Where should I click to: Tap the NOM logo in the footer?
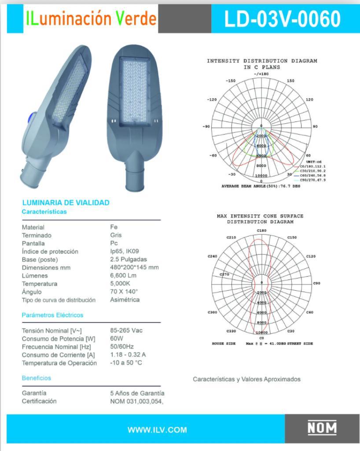coord(322,428)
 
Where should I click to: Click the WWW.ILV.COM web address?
coord(157,430)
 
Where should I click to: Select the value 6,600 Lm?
coord(123,276)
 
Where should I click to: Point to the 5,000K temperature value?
coord(120,284)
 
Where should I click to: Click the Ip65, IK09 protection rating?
coord(125,251)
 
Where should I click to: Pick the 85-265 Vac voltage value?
coord(126,330)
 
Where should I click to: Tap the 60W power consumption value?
coord(117,339)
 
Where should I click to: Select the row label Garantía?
coord(34,393)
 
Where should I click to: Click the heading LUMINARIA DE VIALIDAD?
coord(66,203)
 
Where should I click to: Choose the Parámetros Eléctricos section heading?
coord(52,315)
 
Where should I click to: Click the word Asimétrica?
coord(125,300)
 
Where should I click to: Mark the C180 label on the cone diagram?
coord(261,231)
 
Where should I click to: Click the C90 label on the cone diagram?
coord(316,283)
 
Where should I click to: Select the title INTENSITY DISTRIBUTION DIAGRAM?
coord(262,61)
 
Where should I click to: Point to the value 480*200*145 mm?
coord(134,268)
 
